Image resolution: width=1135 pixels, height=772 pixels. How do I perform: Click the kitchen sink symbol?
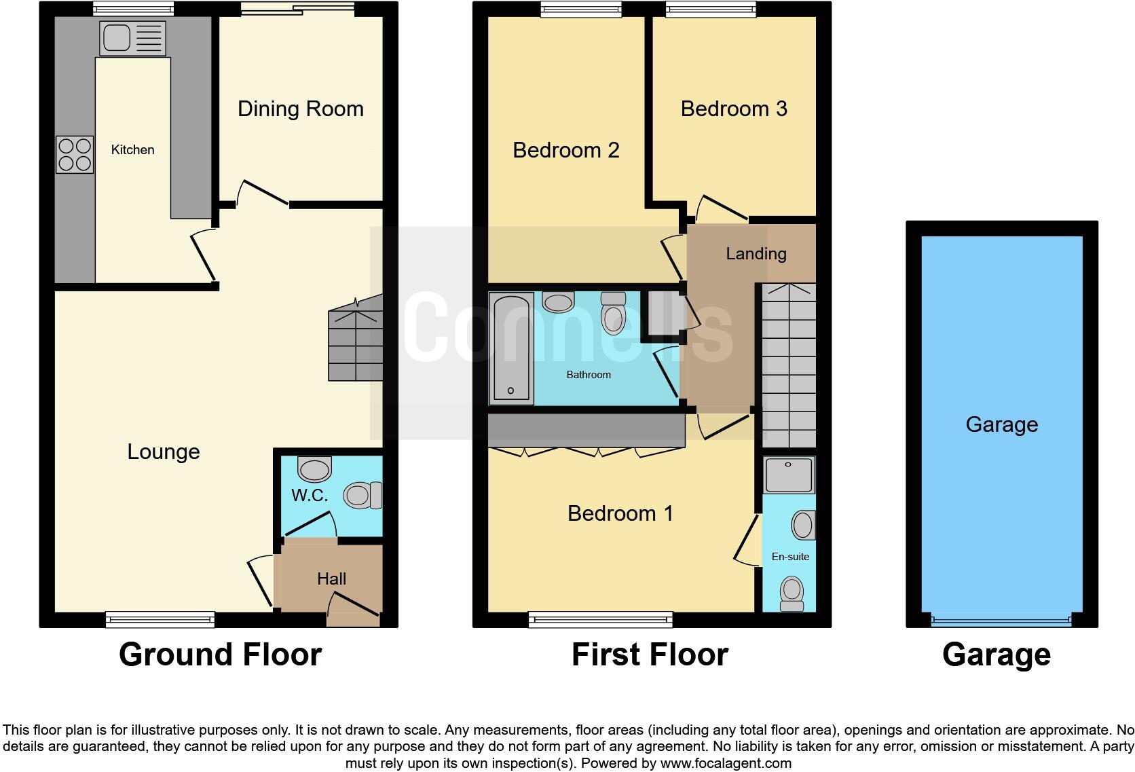(x=132, y=37)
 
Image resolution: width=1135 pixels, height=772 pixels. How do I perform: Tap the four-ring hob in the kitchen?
(x=75, y=155)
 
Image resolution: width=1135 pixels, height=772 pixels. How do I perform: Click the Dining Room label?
(x=300, y=109)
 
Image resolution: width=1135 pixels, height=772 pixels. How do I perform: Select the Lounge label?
(x=164, y=452)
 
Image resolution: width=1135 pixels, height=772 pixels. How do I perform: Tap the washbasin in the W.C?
(x=314, y=468)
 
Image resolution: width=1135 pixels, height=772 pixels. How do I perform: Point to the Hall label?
(x=331, y=578)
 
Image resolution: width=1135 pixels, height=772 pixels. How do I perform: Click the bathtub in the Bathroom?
(x=511, y=348)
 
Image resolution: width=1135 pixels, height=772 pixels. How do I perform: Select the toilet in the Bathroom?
(x=613, y=314)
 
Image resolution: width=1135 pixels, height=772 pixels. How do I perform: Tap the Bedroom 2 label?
(x=565, y=150)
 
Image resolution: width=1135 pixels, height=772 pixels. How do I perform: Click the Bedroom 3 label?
(x=734, y=109)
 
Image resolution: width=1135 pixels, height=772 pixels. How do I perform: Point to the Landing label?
(x=756, y=253)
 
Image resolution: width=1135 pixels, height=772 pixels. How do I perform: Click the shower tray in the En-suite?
(x=788, y=475)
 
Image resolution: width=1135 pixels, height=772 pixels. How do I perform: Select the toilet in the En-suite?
(x=792, y=594)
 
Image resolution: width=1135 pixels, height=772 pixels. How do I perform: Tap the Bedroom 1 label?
(x=620, y=513)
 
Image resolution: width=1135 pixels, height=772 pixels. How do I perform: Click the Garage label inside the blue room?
(x=1001, y=424)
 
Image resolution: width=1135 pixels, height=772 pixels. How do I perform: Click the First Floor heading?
(x=650, y=655)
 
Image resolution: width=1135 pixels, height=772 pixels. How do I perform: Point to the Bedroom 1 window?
(x=600, y=619)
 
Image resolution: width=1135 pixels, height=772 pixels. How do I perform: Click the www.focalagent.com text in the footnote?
(x=725, y=763)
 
